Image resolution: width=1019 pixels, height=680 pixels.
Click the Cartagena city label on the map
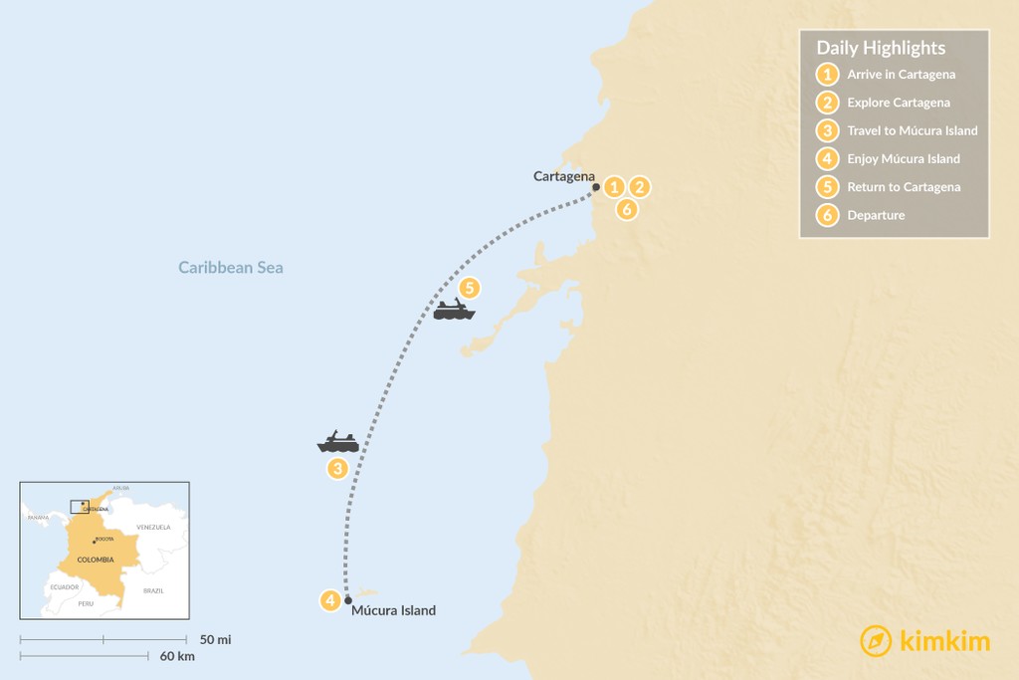[x=563, y=176]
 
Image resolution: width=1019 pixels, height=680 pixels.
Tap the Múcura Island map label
[x=393, y=610]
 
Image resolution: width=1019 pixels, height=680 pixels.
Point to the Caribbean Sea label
[x=231, y=267]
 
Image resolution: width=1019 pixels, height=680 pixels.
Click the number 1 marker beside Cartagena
[x=615, y=186]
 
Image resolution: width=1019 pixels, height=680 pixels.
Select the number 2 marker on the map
[x=639, y=186]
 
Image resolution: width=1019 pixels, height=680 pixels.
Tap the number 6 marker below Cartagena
[x=626, y=209]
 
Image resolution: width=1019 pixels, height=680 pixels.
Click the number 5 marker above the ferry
[x=469, y=288]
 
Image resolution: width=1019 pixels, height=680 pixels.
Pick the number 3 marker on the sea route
[x=338, y=468]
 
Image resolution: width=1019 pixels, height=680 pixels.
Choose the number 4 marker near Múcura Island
[x=330, y=600]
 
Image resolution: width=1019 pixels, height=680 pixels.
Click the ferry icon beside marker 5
[x=454, y=310]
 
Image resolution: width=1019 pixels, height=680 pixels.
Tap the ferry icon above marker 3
[x=338, y=442]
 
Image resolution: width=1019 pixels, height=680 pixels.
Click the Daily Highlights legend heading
[x=881, y=48]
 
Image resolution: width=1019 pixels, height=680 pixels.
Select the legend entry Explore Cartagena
[x=898, y=103]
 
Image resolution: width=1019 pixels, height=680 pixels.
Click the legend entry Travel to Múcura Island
[x=912, y=130]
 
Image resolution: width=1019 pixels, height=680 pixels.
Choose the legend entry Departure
[x=876, y=215]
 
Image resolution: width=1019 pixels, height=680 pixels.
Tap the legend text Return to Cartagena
[x=904, y=187]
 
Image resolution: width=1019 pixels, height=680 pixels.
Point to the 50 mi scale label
[x=215, y=639]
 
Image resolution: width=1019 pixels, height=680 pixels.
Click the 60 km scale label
[x=177, y=656]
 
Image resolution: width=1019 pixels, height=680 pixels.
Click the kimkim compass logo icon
[x=876, y=641]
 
